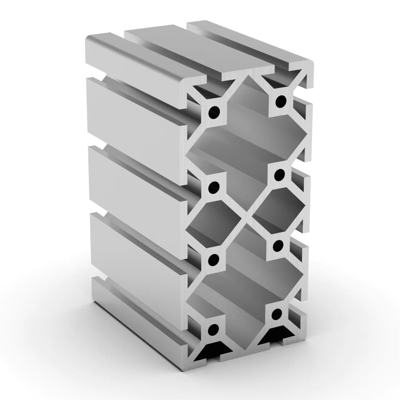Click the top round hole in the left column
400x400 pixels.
coord(214,111)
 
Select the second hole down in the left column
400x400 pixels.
coord(214,187)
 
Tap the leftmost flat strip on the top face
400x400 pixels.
coord(137,59)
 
